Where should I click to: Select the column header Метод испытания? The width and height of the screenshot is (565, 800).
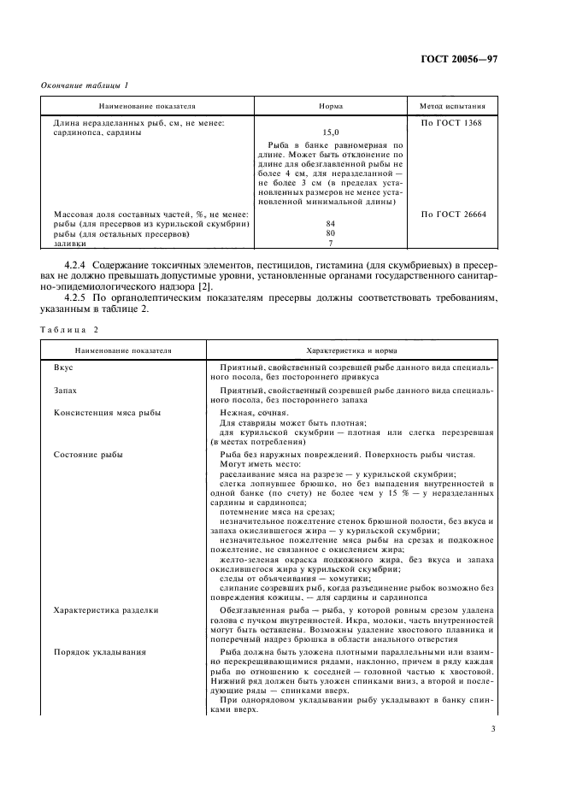click(x=452, y=108)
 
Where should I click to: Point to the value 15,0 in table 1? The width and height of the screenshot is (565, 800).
click(x=330, y=132)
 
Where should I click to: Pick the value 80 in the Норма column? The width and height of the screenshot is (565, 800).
click(x=330, y=233)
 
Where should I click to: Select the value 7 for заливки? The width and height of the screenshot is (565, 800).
click(x=330, y=244)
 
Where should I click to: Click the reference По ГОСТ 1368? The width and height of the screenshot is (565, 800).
click(x=452, y=123)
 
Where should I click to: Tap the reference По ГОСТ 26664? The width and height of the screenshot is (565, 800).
click(x=453, y=214)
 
